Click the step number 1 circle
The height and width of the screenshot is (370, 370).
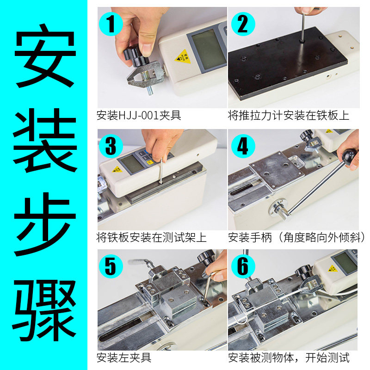click(x=111, y=24)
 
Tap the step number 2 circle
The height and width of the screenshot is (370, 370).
click(x=243, y=24)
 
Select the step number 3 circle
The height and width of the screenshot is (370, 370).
click(x=111, y=146)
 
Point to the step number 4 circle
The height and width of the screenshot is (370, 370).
click(x=243, y=146)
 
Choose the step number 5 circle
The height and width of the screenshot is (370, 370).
click(x=111, y=266)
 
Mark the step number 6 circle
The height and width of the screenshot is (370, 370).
click(x=243, y=266)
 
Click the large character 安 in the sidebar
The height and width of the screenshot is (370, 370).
click(x=45, y=56)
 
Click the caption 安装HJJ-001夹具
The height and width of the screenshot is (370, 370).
click(x=139, y=115)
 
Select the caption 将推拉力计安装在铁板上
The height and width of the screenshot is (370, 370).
click(x=288, y=115)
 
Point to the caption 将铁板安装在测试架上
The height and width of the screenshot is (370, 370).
click(x=151, y=237)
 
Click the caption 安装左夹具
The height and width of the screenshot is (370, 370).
click(x=124, y=358)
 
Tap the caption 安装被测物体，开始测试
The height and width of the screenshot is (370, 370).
click(x=289, y=358)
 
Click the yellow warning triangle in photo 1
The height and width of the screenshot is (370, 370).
click(x=183, y=57)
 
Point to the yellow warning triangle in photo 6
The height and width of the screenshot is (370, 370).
click(x=333, y=269)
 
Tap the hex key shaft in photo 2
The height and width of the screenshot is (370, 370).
click(x=302, y=26)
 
